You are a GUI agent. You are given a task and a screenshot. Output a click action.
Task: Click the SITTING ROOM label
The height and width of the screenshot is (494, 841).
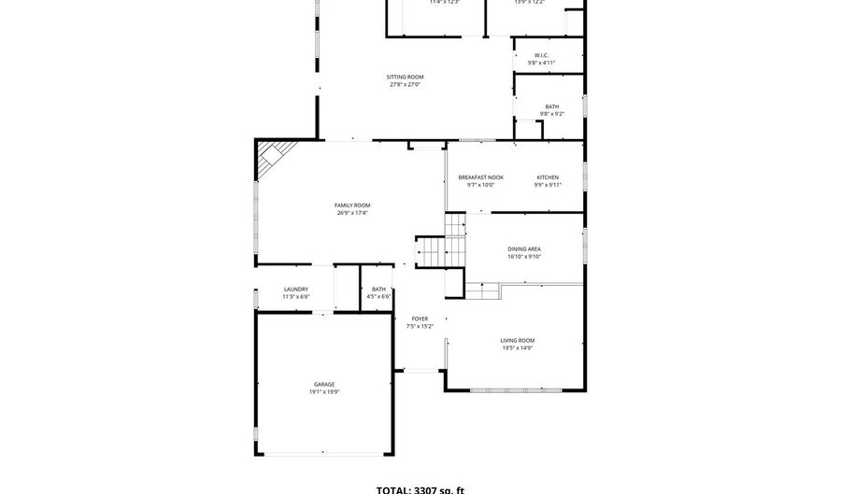point(406,77)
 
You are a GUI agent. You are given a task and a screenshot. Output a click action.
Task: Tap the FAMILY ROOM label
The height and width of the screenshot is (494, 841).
point(352,205)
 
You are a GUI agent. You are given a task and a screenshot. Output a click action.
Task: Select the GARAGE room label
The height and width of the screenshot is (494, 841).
point(324,384)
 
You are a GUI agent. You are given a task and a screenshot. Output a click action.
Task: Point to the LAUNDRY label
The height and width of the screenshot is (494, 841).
point(296,289)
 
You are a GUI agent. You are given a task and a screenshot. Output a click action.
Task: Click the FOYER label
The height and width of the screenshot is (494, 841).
point(420,318)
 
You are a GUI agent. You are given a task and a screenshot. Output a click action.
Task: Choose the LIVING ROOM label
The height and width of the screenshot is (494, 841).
point(517,340)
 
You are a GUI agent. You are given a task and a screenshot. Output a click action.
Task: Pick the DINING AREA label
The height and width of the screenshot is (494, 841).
point(524,248)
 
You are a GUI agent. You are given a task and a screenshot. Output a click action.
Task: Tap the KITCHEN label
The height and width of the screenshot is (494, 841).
point(548,176)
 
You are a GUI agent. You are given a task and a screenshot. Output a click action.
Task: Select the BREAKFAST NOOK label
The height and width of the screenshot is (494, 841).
point(480,176)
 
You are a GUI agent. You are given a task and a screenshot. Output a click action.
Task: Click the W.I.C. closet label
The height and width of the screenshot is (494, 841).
point(542,55)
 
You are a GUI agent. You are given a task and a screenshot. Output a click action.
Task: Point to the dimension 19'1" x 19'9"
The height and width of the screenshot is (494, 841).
point(324,392)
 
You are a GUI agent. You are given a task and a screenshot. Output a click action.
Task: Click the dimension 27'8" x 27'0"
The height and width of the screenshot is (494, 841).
point(406,85)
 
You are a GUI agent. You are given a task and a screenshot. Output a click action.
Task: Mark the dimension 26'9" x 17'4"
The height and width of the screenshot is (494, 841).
point(352,213)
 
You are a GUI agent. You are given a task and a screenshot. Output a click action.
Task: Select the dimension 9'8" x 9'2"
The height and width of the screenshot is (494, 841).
point(552,114)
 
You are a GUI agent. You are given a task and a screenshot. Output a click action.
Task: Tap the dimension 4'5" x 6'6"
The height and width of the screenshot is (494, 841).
point(378,297)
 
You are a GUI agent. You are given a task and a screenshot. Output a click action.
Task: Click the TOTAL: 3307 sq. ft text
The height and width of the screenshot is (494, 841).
point(420,488)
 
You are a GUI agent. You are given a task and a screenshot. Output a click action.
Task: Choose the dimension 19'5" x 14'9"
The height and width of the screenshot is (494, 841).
point(517,348)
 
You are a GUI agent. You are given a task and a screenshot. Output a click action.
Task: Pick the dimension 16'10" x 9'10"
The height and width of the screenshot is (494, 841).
point(524,257)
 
